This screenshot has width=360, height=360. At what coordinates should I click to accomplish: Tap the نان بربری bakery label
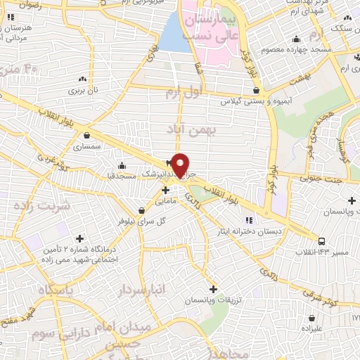coord(84,91)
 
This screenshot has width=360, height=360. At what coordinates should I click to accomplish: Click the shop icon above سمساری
coord(86,136)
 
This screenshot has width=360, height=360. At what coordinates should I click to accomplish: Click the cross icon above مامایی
coord(165,189)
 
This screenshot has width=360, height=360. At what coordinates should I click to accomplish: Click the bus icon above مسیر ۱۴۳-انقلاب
coord(321,240)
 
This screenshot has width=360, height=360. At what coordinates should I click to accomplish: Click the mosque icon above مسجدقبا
coord(122,166)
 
